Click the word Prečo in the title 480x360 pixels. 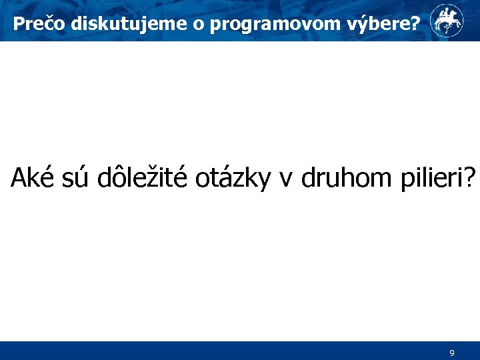[x=39, y=24]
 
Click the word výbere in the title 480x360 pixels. [x=378, y=25]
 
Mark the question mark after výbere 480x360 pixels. [x=416, y=24]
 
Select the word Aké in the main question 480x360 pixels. [x=32, y=178]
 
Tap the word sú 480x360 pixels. [x=77, y=179]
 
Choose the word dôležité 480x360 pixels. [x=143, y=178]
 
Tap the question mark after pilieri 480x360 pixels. [x=471, y=177]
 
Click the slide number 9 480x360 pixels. [x=452, y=353]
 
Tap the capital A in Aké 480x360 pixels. [x=19, y=178]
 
